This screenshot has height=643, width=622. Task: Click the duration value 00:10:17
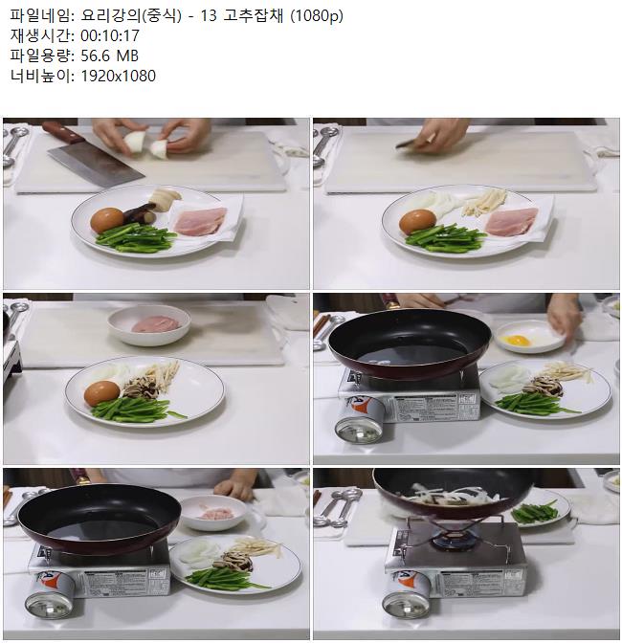pyautogui.click(x=110, y=35)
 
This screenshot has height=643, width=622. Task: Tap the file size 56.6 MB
pyautogui.click(x=109, y=55)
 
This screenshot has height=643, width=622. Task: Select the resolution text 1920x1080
pyautogui.click(x=118, y=76)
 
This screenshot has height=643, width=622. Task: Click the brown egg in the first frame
pyautogui.click(x=106, y=220)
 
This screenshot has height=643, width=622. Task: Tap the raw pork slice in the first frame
pyautogui.click(x=200, y=221)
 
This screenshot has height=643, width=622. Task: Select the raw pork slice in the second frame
pyautogui.click(x=511, y=222)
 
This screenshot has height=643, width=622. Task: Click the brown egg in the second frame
pyautogui.click(x=417, y=221)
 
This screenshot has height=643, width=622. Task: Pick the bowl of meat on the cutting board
pyautogui.click(x=149, y=324)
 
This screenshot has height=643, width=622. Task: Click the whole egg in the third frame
pyautogui.click(x=101, y=393)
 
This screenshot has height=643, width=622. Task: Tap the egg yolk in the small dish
pyautogui.click(x=516, y=340)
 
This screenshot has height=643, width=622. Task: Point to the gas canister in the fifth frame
pyautogui.click(x=50, y=595)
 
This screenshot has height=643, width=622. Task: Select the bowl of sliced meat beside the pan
pyautogui.click(x=213, y=513)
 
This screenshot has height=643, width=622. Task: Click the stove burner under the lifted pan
pyautogui.click(x=455, y=536)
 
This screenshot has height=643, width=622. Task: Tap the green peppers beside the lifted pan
pyautogui.click(x=534, y=513)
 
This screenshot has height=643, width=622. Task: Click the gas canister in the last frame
pyautogui.click(x=407, y=594)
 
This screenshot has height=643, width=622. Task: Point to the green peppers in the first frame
pyautogui.click(x=135, y=237)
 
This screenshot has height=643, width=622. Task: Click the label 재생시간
pyautogui.click(x=40, y=35)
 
